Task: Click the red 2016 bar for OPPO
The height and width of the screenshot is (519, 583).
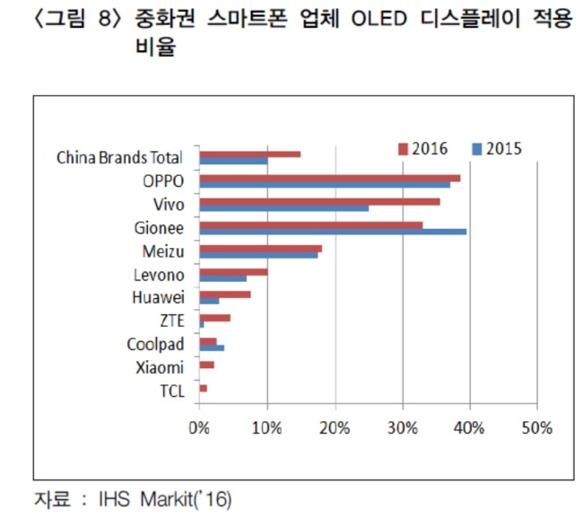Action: [330, 179]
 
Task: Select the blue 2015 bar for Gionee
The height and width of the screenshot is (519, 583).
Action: [333, 232]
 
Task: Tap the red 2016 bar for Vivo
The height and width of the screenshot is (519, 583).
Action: [320, 202]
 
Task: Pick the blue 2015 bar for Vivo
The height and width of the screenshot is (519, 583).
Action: [284, 208]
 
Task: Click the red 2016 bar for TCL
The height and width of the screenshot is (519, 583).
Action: [204, 388]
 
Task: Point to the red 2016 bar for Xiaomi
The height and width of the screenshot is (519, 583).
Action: [206, 365]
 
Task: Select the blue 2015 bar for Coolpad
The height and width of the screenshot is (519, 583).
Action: [212, 347]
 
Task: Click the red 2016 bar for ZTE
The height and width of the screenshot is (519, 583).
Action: [215, 318]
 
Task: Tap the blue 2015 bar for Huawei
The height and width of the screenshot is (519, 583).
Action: [209, 301]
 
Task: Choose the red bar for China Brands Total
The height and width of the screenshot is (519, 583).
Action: [250, 154]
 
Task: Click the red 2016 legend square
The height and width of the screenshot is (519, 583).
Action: [403, 149]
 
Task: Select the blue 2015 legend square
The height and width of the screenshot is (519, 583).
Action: [477, 149]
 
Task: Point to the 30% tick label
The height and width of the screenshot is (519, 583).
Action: [403, 428]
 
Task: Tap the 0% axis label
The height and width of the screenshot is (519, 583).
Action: [199, 428]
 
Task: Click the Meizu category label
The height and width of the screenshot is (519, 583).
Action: [163, 251]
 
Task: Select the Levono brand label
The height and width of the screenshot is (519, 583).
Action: [159, 275]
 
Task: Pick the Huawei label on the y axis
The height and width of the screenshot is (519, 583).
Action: [158, 297]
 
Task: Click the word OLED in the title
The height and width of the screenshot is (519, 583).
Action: [379, 18]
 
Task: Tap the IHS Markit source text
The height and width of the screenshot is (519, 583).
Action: [165, 499]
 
